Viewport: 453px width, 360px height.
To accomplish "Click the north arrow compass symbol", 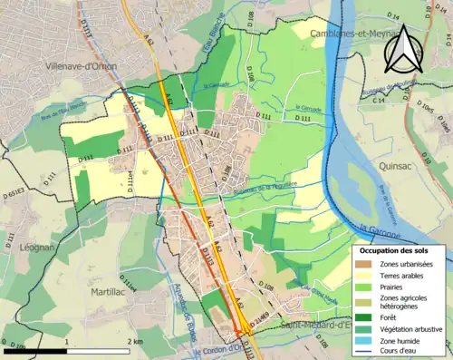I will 403,48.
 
